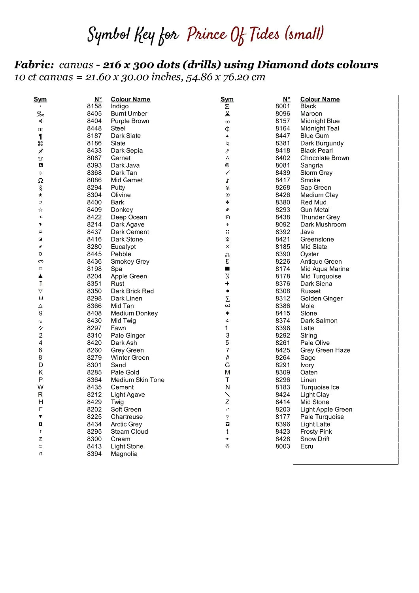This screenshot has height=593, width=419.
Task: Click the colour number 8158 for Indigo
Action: click(x=94, y=106)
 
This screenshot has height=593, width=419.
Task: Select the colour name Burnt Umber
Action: click(x=129, y=114)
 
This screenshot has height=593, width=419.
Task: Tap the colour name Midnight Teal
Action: click(x=319, y=128)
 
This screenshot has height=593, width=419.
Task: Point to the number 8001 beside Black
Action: click(x=283, y=106)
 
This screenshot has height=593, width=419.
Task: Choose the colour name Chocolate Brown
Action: click(x=325, y=158)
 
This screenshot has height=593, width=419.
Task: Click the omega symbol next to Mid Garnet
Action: click(x=40, y=181)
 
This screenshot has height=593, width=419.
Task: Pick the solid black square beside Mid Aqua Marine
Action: click(x=227, y=269)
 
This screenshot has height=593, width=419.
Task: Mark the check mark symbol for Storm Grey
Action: click(x=227, y=173)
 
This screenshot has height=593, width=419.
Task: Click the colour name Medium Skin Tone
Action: click(x=138, y=380)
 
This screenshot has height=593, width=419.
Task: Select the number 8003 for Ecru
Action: click(x=283, y=447)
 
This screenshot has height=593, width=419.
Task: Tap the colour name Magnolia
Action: click(x=124, y=454)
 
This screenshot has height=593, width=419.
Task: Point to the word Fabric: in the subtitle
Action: click(x=34, y=65)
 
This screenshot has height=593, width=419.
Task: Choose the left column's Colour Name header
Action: click(x=130, y=99)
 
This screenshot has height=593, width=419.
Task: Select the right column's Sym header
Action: click(x=227, y=99)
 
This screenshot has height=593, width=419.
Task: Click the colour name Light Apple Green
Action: click(x=326, y=410)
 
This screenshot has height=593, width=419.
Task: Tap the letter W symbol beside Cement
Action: click(x=40, y=387)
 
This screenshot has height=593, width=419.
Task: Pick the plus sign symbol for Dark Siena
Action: click(x=227, y=284)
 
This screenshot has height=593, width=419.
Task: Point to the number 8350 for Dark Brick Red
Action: click(x=94, y=291)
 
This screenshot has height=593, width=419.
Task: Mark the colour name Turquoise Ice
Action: click(x=319, y=387)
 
